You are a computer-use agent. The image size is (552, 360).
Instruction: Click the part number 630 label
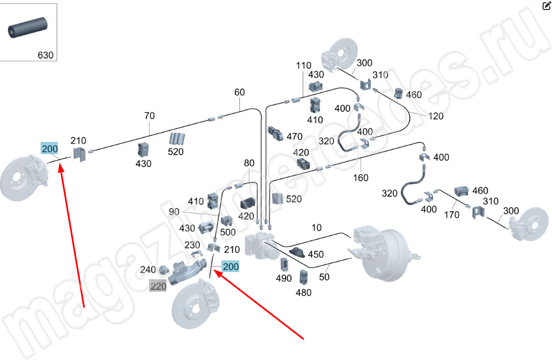tap(45, 55)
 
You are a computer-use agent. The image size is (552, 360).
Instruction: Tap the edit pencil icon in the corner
tap(546, 6)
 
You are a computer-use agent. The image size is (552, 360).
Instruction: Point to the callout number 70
tap(149, 116)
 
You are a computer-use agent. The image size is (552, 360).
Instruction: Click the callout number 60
tap(239, 92)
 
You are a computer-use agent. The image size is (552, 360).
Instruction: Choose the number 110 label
tap(304, 66)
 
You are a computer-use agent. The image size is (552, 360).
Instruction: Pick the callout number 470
tap(294, 136)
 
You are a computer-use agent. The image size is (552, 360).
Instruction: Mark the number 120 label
tap(436, 116)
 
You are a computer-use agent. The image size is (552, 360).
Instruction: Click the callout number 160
tap(361, 177)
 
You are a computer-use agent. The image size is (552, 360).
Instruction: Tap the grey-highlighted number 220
tap(158, 287)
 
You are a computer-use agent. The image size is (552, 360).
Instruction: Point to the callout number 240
tap(148, 270)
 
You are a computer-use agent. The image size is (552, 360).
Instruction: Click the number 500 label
tap(228, 232)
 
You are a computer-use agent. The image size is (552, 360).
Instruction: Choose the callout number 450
tap(316, 254)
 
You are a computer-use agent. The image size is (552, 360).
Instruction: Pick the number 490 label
tap(284, 278)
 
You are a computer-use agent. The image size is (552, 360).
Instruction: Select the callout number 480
tap(303, 292)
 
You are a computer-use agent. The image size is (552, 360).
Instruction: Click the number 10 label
tap(316, 228)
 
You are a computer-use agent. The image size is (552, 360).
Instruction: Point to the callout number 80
tap(249, 164)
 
